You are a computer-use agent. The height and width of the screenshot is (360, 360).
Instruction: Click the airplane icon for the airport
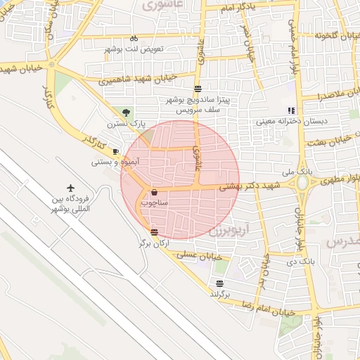[70, 188]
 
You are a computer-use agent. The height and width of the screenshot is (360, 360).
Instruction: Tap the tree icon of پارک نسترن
[126, 112]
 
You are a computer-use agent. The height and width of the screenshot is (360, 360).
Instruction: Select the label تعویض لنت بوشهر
[134, 49]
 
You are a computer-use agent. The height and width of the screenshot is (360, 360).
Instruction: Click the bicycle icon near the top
[134, 38]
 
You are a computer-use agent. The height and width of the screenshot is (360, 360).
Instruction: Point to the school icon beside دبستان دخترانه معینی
[291, 111]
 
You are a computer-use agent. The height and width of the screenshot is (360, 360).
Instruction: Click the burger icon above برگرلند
[220, 283]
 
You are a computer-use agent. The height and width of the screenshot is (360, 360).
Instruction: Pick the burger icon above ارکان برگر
[154, 232]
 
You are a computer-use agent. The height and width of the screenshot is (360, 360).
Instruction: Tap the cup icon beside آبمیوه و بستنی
[116, 151]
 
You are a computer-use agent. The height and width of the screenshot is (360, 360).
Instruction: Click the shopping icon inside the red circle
[154, 191]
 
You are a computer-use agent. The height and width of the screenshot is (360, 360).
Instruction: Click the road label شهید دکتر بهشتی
[250, 186]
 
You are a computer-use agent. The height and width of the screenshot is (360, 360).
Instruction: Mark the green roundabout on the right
[302, 184]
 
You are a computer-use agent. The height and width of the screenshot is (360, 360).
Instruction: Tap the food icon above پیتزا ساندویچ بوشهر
[198, 89]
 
